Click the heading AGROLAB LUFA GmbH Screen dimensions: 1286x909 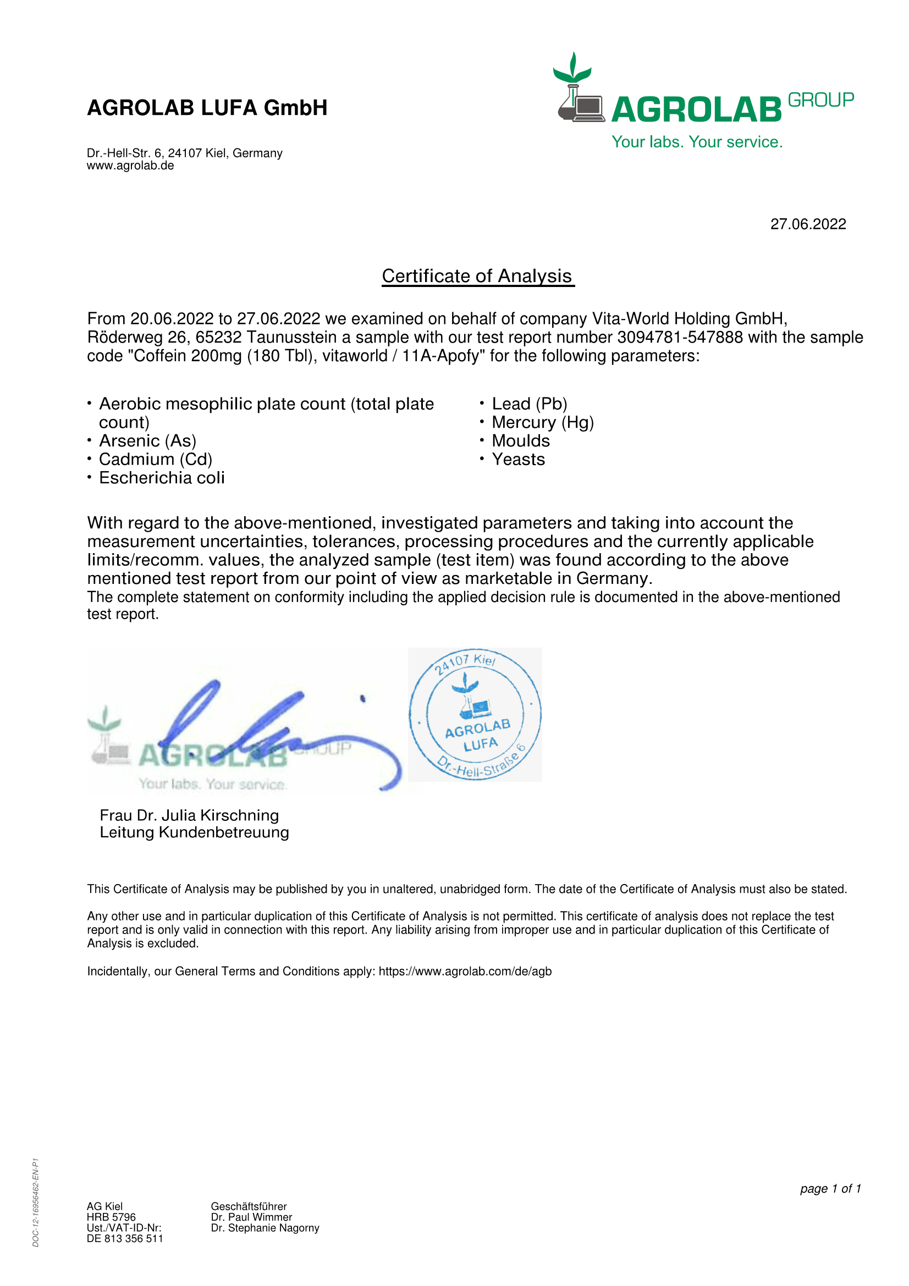point(207,108)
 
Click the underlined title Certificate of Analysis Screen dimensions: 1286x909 point(477,276)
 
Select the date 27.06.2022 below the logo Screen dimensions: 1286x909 point(808,224)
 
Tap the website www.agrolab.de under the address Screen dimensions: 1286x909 point(130,166)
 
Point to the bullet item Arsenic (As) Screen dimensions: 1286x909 point(147,441)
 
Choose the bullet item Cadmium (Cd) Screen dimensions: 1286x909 point(155,459)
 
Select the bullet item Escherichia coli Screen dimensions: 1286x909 point(161,478)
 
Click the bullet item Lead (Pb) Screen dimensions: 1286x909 point(529,404)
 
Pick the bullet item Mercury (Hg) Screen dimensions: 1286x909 point(542,422)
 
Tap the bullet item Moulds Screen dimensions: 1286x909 point(520,441)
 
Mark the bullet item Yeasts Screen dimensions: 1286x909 point(518,459)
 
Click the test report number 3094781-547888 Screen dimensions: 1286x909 point(679,337)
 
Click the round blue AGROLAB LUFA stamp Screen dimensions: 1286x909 point(475,714)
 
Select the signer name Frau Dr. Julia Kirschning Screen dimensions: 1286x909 point(189,815)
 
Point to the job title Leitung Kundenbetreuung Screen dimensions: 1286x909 point(194,832)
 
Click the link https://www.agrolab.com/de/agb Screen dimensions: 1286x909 point(465,971)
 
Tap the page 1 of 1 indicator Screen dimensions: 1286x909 point(830,1188)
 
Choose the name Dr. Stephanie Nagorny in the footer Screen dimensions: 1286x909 point(265,1228)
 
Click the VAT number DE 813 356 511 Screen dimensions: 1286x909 point(124,1238)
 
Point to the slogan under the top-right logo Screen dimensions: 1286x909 point(697,142)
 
